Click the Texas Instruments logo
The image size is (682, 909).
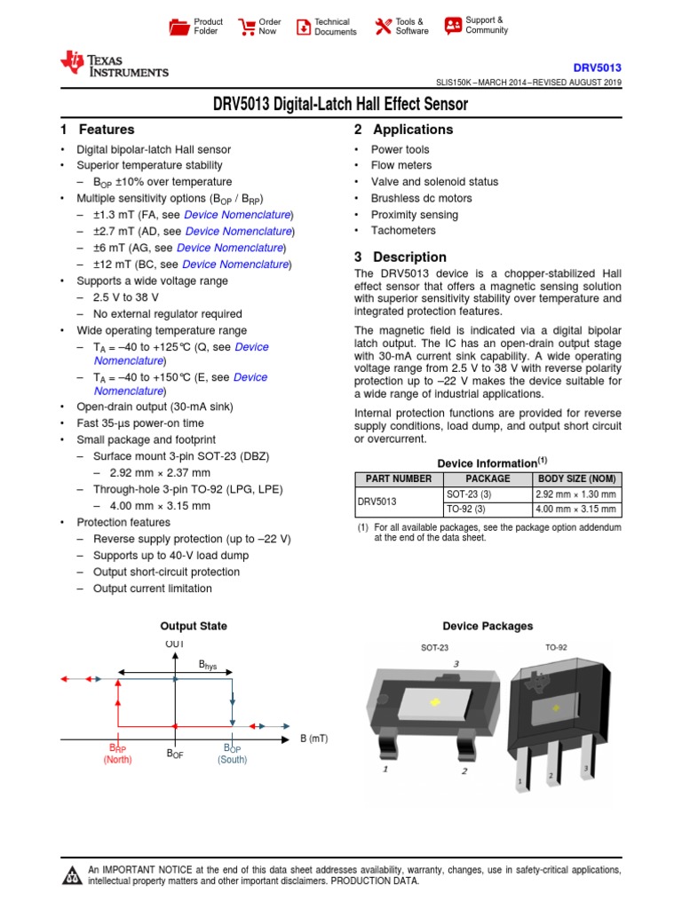pos(113,65)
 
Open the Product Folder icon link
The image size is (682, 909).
pos(179,27)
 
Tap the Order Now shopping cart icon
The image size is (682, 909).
pos(246,27)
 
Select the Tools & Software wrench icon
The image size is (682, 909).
pos(383,27)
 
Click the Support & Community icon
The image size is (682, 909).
pos(453,25)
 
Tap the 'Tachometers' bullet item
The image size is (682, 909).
pos(403,231)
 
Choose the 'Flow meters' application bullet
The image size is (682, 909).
pos(401,165)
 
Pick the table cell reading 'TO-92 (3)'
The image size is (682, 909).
pos(466,510)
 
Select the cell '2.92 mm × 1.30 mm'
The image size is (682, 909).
pos(575,494)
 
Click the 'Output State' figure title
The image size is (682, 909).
pos(193,626)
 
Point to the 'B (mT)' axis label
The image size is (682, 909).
pos(313,739)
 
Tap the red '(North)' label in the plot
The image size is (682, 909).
pos(117,760)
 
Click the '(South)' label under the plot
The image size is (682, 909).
pos(232,760)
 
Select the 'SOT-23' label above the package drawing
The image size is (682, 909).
pos(435,648)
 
